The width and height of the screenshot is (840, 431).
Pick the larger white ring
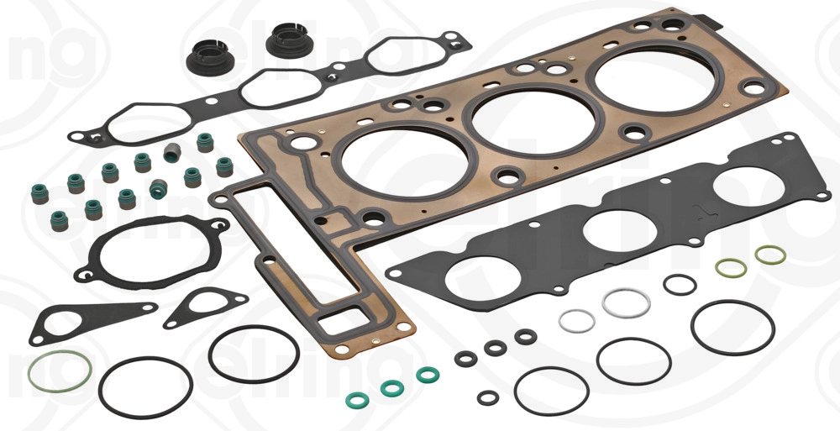point(626,302)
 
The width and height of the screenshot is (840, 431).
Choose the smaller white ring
point(577,320)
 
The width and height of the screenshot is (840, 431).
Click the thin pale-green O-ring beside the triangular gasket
point(60,372)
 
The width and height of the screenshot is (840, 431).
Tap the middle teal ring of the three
point(391,388)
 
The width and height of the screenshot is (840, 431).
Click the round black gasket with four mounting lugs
point(151,248)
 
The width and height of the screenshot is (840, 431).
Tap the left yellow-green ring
point(731,268)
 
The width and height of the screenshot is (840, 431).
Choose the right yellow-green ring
point(770,254)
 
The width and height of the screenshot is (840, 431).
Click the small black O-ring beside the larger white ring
point(679,284)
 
